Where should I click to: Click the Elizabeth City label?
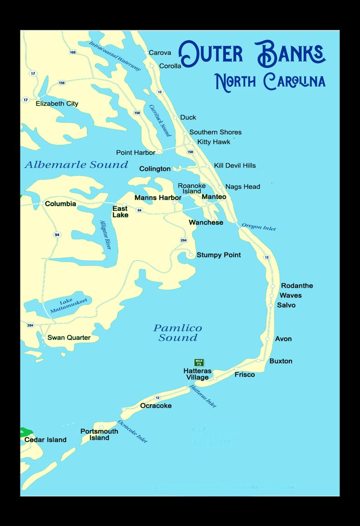point(57,104)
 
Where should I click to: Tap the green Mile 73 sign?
point(199,362)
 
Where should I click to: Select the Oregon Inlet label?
point(258,227)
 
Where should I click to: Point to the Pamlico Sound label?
point(178,333)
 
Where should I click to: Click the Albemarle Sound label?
point(76,165)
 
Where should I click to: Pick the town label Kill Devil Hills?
point(235,166)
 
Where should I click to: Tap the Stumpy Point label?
point(219,255)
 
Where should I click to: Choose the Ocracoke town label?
point(156,406)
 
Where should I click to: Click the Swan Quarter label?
point(69,338)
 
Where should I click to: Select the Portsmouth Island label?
point(99,434)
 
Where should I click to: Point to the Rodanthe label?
point(297,286)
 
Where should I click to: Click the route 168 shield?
point(73,53)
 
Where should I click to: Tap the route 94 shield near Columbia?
point(57,235)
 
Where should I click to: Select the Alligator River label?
point(105,235)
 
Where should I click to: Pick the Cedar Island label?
point(45,440)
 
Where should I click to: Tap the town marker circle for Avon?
point(268,338)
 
